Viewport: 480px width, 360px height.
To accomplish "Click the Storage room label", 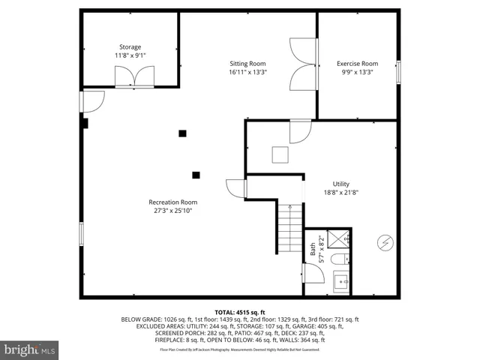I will [130, 47].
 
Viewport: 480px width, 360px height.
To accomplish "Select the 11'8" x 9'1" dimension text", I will [130, 56].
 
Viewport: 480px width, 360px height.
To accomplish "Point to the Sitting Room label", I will [247, 64].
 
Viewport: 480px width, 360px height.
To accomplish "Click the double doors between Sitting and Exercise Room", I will [304, 64].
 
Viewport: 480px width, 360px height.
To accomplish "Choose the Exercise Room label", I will [356, 64].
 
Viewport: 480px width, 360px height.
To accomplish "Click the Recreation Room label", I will [172, 202].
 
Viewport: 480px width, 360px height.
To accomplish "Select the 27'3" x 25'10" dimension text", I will [172, 211].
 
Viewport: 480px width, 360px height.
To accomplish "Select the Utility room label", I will [341, 184].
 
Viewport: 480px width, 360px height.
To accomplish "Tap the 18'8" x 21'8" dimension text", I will [341, 193].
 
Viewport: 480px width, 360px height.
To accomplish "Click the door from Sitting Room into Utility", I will [300, 131].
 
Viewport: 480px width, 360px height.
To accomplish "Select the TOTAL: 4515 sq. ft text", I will [240, 311].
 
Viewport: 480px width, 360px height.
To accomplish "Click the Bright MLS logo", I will [30, 349].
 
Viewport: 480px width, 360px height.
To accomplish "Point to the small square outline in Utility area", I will [280, 154].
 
